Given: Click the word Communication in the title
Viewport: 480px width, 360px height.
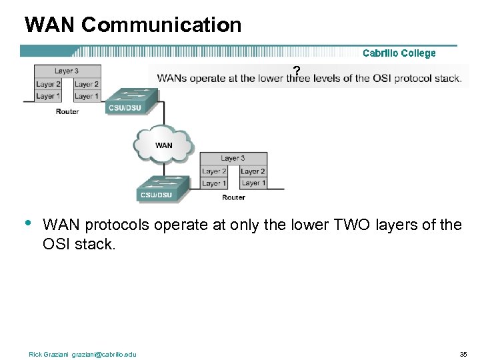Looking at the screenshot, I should pyautogui.click(x=162, y=25).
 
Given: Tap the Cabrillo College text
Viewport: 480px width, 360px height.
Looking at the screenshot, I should pyautogui.click(x=399, y=53).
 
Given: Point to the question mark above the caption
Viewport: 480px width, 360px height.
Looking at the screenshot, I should pyautogui.click(x=297, y=70).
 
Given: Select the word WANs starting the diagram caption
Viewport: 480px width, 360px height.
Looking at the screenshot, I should pyautogui.click(x=172, y=78).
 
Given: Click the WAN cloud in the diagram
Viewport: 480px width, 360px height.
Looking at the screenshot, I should pyautogui.click(x=163, y=144).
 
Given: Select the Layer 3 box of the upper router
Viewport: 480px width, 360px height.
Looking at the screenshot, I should pyautogui.click(x=67, y=71).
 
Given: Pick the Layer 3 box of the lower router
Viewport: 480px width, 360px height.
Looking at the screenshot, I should pyautogui.click(x=233, y=158).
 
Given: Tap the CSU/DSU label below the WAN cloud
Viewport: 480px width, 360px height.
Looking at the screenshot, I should pyautogui.click(x=155, y=195).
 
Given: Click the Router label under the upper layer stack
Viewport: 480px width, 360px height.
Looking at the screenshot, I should pyautogui.click(x=67, y=111).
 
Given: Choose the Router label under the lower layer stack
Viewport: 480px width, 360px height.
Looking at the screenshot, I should pyautogui.click(x=233, y=197).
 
